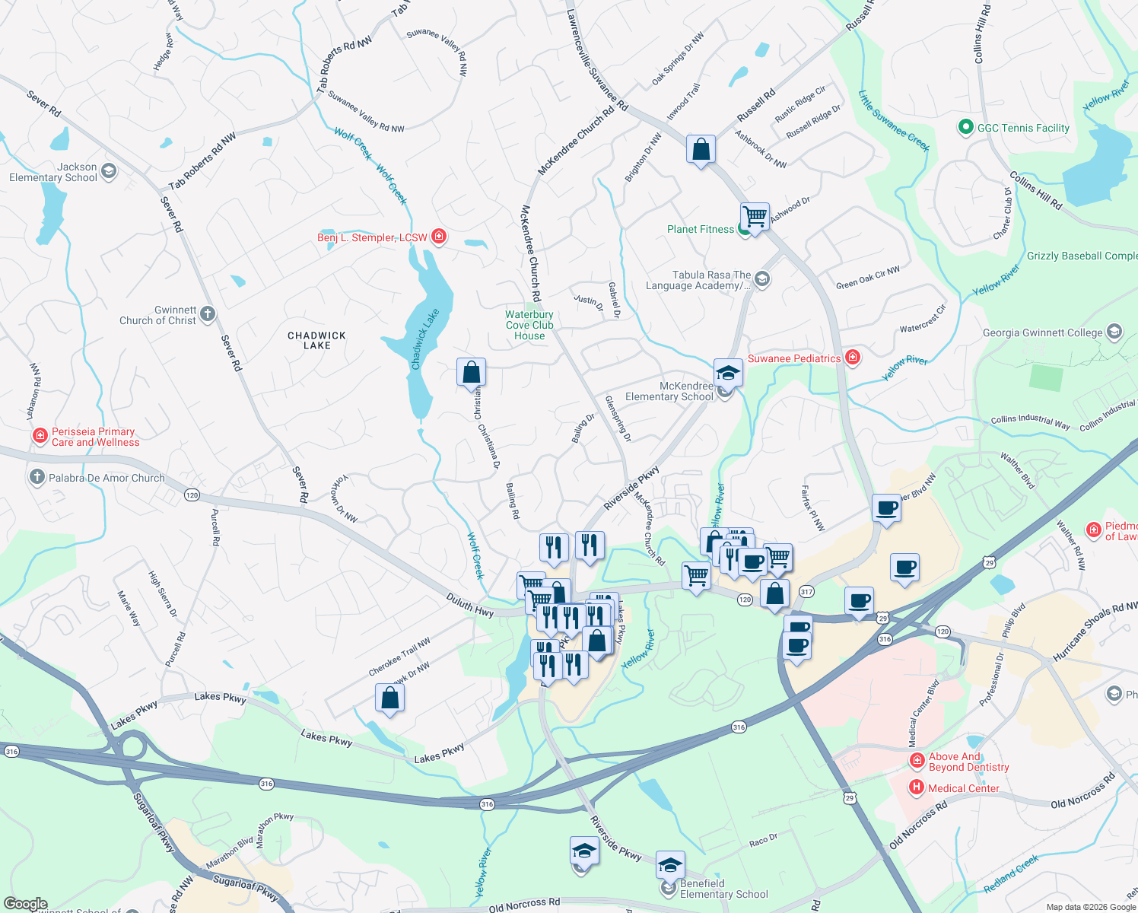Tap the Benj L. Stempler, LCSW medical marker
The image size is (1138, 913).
point(439,237)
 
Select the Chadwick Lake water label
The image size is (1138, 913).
point(425,339)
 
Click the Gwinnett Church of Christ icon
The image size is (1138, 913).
point(208,313)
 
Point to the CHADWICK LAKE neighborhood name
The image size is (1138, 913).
point(316,340)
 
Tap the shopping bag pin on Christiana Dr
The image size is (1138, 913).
point(471,373)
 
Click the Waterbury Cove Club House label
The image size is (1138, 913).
point(529,325)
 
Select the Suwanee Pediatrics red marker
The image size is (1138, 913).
point(853,357)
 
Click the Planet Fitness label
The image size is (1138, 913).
point(701,229)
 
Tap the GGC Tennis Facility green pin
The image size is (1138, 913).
point(965,127)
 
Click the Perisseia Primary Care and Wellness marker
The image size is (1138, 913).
point(40,436)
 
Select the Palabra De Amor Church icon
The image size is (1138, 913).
point(37,477)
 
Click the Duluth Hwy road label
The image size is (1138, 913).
point(469,606)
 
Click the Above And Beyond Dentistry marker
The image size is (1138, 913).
point(917,760)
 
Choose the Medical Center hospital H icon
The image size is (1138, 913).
point(917,787)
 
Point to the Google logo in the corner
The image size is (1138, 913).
point(25,904)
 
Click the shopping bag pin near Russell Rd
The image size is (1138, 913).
point(701,150)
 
